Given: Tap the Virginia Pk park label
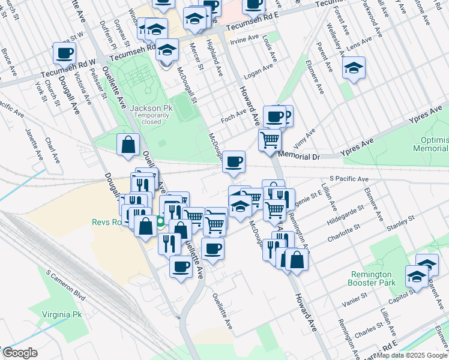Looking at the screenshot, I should (x=61, y=314).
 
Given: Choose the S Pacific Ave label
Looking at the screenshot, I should (x=349, y=179).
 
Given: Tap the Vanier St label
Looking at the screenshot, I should (x=354, y=301).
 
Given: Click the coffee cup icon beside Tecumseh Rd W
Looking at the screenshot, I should (x=64, y=53).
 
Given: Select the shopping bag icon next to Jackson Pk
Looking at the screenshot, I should (x=128, y=144).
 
